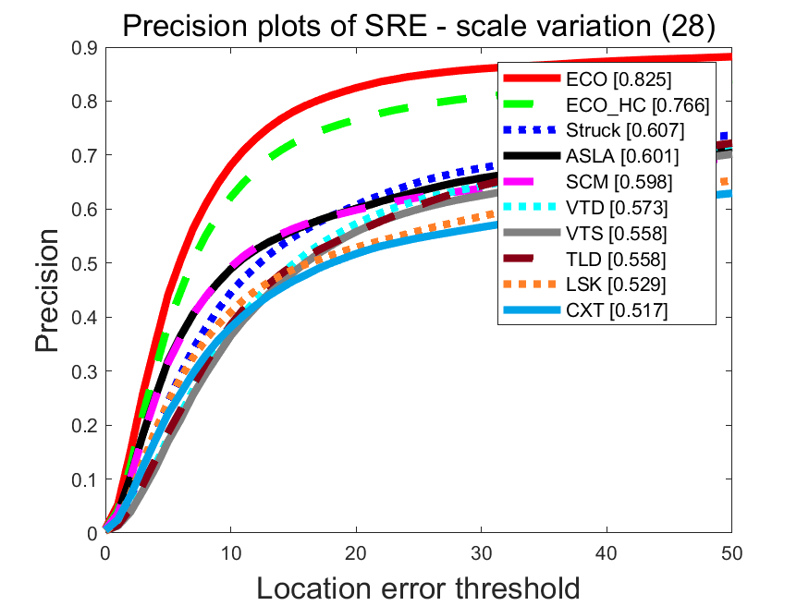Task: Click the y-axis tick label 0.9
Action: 85,48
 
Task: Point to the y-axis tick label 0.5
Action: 85,263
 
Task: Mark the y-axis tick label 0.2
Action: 85,426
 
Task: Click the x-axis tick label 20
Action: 356,552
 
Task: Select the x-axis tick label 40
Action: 607,552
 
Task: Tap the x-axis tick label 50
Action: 731,552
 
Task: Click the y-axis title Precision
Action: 50,290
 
